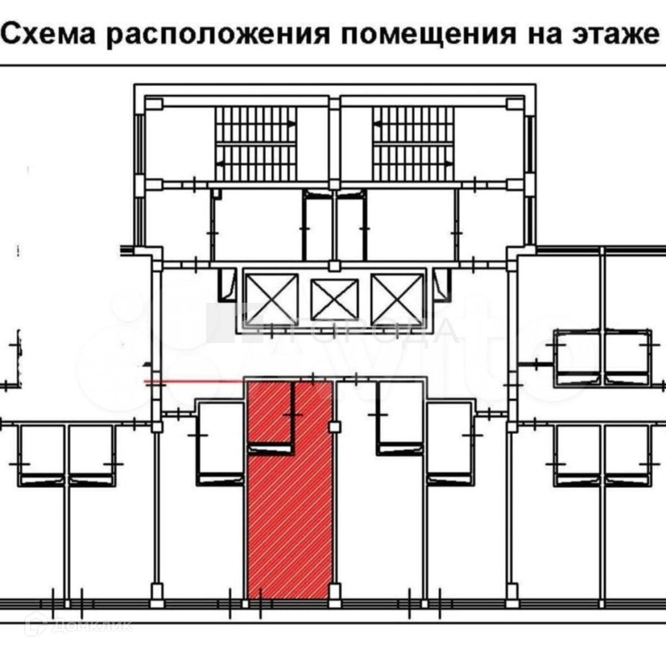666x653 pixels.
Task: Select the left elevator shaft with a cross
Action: pos(271,298)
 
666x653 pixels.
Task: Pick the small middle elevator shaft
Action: pos(334,299)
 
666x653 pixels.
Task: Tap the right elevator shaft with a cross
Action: pos(397,298)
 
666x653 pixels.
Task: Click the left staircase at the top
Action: pos(256,143)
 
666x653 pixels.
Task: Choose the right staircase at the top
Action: pos(413,143)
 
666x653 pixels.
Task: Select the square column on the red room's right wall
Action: pos(334,426)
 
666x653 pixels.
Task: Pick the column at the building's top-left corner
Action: pos(153,104)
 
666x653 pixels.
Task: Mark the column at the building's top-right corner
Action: pos(515,104)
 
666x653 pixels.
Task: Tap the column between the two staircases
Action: pos(334,104)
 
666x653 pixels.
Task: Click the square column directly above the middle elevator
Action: pos(334,265)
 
